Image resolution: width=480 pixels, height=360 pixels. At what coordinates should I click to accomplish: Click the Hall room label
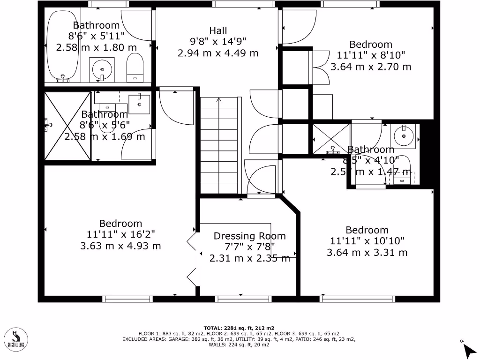coord(218,31)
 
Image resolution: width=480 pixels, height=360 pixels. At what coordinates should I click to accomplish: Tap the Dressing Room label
coord(249,236)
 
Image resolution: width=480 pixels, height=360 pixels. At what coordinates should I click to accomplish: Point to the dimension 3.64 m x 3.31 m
coord(367,253)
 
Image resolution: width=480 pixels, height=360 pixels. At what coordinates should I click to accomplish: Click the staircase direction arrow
coord(218,100)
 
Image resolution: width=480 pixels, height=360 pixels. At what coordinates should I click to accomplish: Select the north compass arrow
coord(468,349)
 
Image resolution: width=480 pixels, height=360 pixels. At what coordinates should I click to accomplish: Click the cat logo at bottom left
coord(15,337)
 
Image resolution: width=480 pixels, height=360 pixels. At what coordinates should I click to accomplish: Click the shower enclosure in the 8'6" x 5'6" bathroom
coord(67,125)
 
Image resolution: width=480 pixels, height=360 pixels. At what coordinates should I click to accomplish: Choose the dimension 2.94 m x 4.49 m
coord(218,53)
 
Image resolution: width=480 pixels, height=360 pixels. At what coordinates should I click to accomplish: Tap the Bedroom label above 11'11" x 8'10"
coord(371,45)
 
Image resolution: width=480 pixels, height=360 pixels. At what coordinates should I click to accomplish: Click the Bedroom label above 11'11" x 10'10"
coord(367,230)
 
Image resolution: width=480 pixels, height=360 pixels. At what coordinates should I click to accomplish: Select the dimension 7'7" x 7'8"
coord(249,247)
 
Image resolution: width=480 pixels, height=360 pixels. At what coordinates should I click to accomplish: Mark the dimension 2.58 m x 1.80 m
coord(97,47)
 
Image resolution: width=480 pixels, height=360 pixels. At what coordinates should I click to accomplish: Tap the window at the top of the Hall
coord(243,4)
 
